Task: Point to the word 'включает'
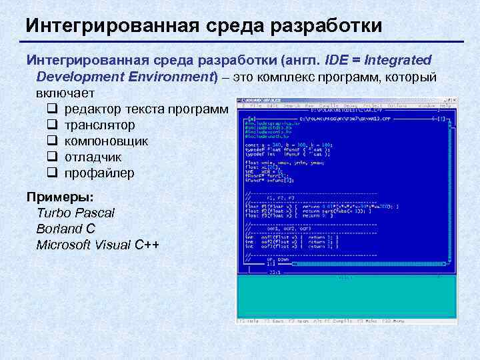[65, 92]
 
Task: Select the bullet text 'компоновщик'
[106, 141]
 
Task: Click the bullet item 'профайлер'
[99, 173]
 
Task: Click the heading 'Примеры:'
[60, 197]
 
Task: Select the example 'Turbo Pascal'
[75, 213]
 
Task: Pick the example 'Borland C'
[66, 229]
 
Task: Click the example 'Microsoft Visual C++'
[98, 245]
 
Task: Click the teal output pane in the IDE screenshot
[347, 297]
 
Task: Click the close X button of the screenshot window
[453, 99]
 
